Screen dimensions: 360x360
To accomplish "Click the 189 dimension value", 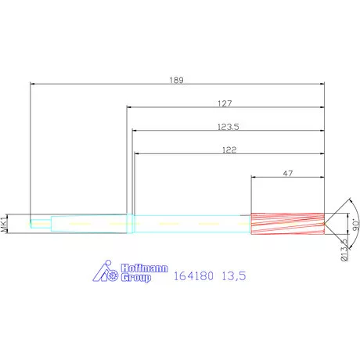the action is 177,80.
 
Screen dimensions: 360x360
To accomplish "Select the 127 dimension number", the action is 225,103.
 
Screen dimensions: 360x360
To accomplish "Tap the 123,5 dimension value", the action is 229,127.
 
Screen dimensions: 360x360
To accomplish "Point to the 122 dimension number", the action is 229,150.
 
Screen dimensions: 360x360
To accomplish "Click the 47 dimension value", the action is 288,174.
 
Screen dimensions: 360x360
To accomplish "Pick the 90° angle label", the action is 355,225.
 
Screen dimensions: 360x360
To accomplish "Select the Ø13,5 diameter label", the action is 344,250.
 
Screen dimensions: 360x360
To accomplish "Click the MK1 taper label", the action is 4,224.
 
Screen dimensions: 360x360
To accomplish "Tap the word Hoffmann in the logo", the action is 144,268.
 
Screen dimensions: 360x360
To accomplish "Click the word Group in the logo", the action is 136,278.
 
